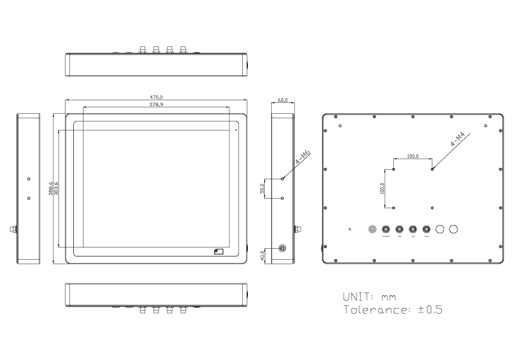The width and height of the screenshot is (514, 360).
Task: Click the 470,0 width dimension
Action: (x=156, y=97)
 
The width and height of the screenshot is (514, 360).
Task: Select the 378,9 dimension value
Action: (x=156, y=104)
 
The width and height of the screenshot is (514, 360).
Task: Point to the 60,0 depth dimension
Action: (x=283, y=101)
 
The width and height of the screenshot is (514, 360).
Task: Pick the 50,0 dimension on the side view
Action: (x=261, y=188)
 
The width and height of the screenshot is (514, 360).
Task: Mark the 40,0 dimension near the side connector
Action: (x=261, y=255)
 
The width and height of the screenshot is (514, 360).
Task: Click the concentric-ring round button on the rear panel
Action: (x=373, y=229)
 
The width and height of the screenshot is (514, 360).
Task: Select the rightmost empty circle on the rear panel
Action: (x=454, y=229)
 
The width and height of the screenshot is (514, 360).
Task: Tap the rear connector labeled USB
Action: (x=400, y=229)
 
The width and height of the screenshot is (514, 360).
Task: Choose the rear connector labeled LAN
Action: (x=413, y=229)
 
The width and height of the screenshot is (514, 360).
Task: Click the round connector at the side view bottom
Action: (x=283, y=248)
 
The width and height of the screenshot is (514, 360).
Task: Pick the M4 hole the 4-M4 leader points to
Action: (x=432, y=169)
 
